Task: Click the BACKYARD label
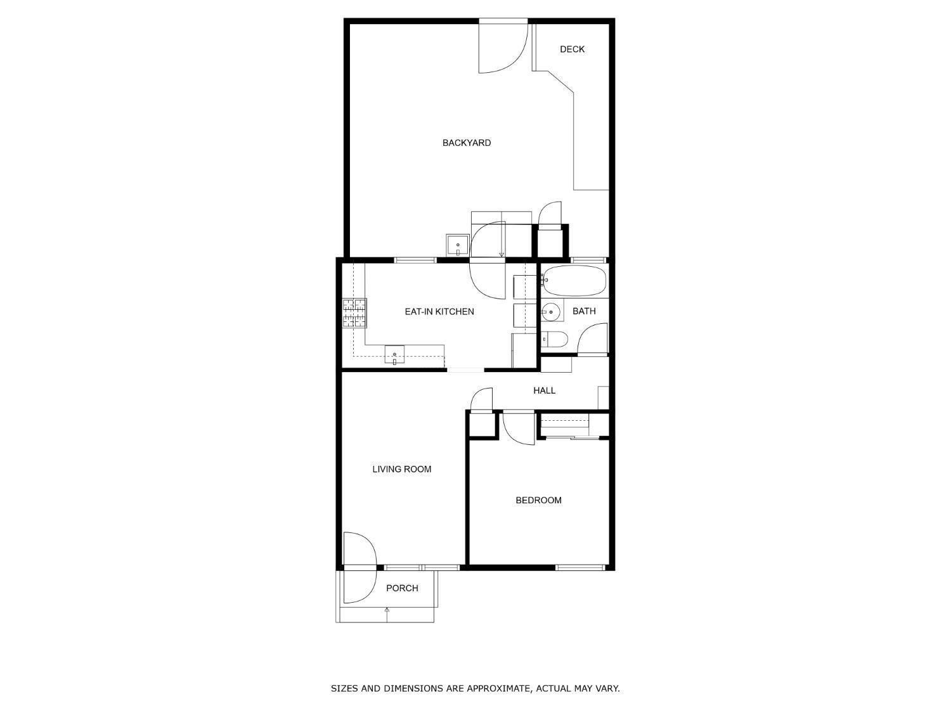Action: point(467,143)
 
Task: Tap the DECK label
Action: point(572,49)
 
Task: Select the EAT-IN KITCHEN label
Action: point(439,311)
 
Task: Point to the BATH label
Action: point(584,311)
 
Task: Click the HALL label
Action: point(544,390)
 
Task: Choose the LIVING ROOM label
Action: point(401,469)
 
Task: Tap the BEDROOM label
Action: point(538,500)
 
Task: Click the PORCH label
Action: point(402,588)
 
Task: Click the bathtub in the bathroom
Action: point(574,280)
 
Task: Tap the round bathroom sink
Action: point(551,312)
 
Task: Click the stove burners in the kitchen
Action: point(355,313)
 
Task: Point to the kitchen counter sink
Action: point(394,354)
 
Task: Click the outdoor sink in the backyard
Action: point(457,245)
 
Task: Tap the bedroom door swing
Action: point(517,428)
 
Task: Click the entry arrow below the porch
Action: point(387,610)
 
